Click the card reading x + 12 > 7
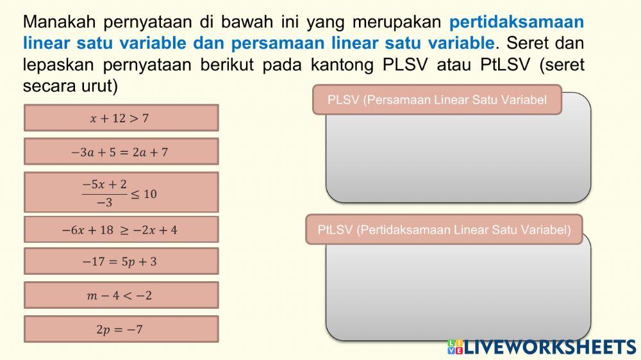pyautogui.click(x=121, y=118)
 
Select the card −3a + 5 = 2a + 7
pyautogui.click(x=121, y=152)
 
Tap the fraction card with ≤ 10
pyautogui.click(x=121, y=192)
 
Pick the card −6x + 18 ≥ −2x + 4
pyautogui.click(x=121, y=229)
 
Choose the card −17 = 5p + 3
pyautogui.click(x=121, y=261)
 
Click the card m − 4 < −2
pyautogui.click(x=121, y=295)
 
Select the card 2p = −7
pyautogui.click(x=121, y=329)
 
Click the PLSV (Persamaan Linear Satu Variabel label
pyautogui.click(x=437, y=100)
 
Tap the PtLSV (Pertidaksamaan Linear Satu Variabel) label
pyautogui.click(x=444, y=229)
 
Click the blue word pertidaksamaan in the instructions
pyautogui.click(x=517, y=22)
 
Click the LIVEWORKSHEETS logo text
pyautogui.click(x=550, y=347)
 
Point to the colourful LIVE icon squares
pyautogui.click(x=454, y=347)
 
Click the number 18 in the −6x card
pyautogui.click(x=106, y=229)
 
